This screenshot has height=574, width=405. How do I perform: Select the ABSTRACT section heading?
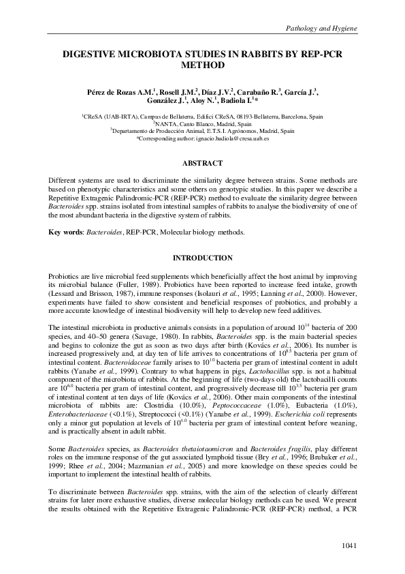202,164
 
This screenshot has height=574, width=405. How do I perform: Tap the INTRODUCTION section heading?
202,258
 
